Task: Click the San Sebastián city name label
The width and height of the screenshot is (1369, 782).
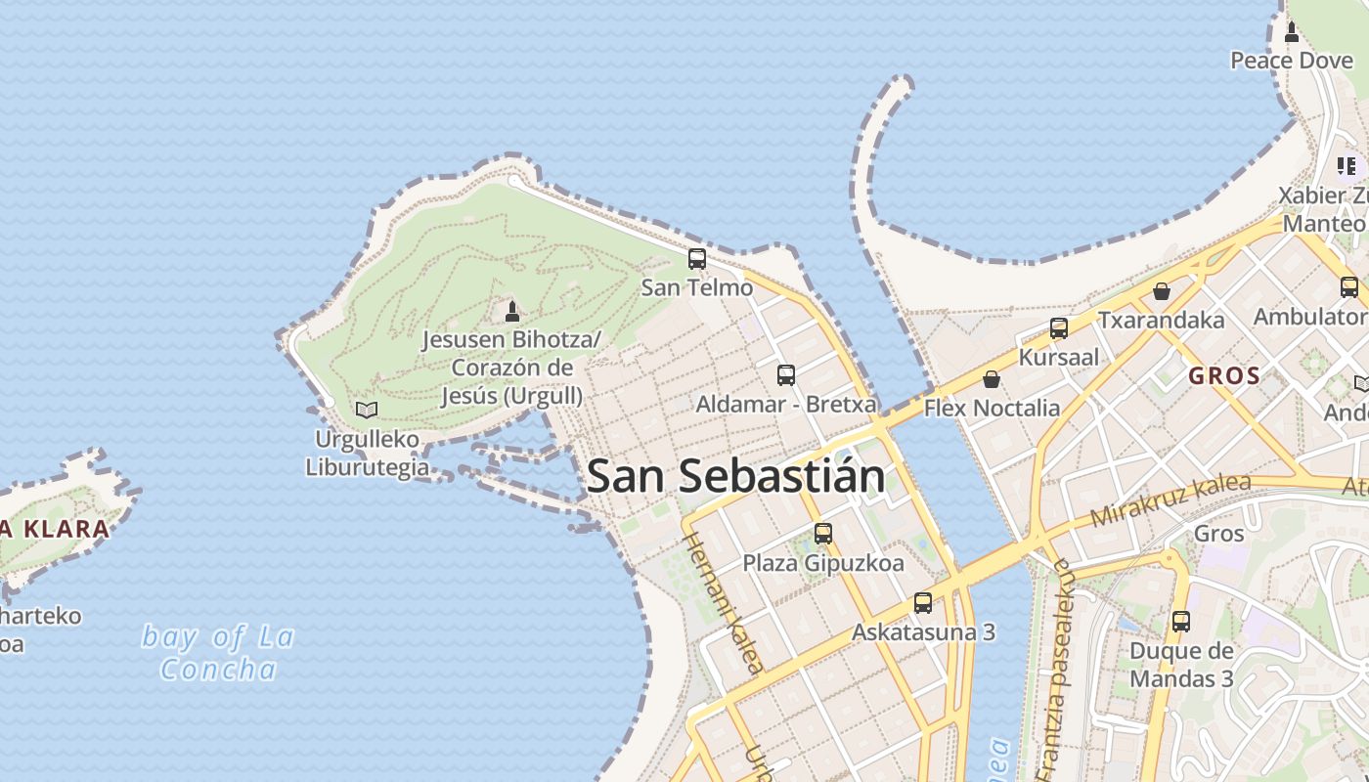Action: coord(735,476)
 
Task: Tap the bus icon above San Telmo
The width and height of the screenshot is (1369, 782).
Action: coord(696,259)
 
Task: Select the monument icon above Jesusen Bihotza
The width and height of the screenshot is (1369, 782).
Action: coord(511,312)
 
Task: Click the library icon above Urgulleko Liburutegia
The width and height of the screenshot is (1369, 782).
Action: coord(367,410)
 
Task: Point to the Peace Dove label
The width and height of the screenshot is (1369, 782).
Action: coord(1291,61)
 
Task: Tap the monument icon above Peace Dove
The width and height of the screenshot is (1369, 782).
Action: coord(1291,32)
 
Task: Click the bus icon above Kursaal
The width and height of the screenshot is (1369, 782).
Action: coord(1058,328)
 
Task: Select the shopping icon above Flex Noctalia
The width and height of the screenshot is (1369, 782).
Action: coord(992,379)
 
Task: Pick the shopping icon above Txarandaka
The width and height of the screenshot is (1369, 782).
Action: coord(1161,291)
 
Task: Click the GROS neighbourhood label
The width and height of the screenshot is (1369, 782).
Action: coord(1223,375)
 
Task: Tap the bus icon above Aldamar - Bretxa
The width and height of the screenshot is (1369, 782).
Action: coord(785,374)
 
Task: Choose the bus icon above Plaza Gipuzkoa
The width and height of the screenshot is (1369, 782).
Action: coord(822,534)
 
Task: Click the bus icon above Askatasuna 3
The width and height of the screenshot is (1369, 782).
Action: coord(922,603)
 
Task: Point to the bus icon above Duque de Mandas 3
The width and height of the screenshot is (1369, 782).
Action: coord(1180,622)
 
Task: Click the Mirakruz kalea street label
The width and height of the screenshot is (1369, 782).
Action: coord(1170,500)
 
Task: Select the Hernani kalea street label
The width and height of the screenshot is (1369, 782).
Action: coord(722,602)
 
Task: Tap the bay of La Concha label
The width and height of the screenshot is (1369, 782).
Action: coord(217,653)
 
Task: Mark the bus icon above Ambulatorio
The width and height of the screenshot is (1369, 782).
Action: coord(1348,287)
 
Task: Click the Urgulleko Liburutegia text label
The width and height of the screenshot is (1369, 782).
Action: coord(366,453)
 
